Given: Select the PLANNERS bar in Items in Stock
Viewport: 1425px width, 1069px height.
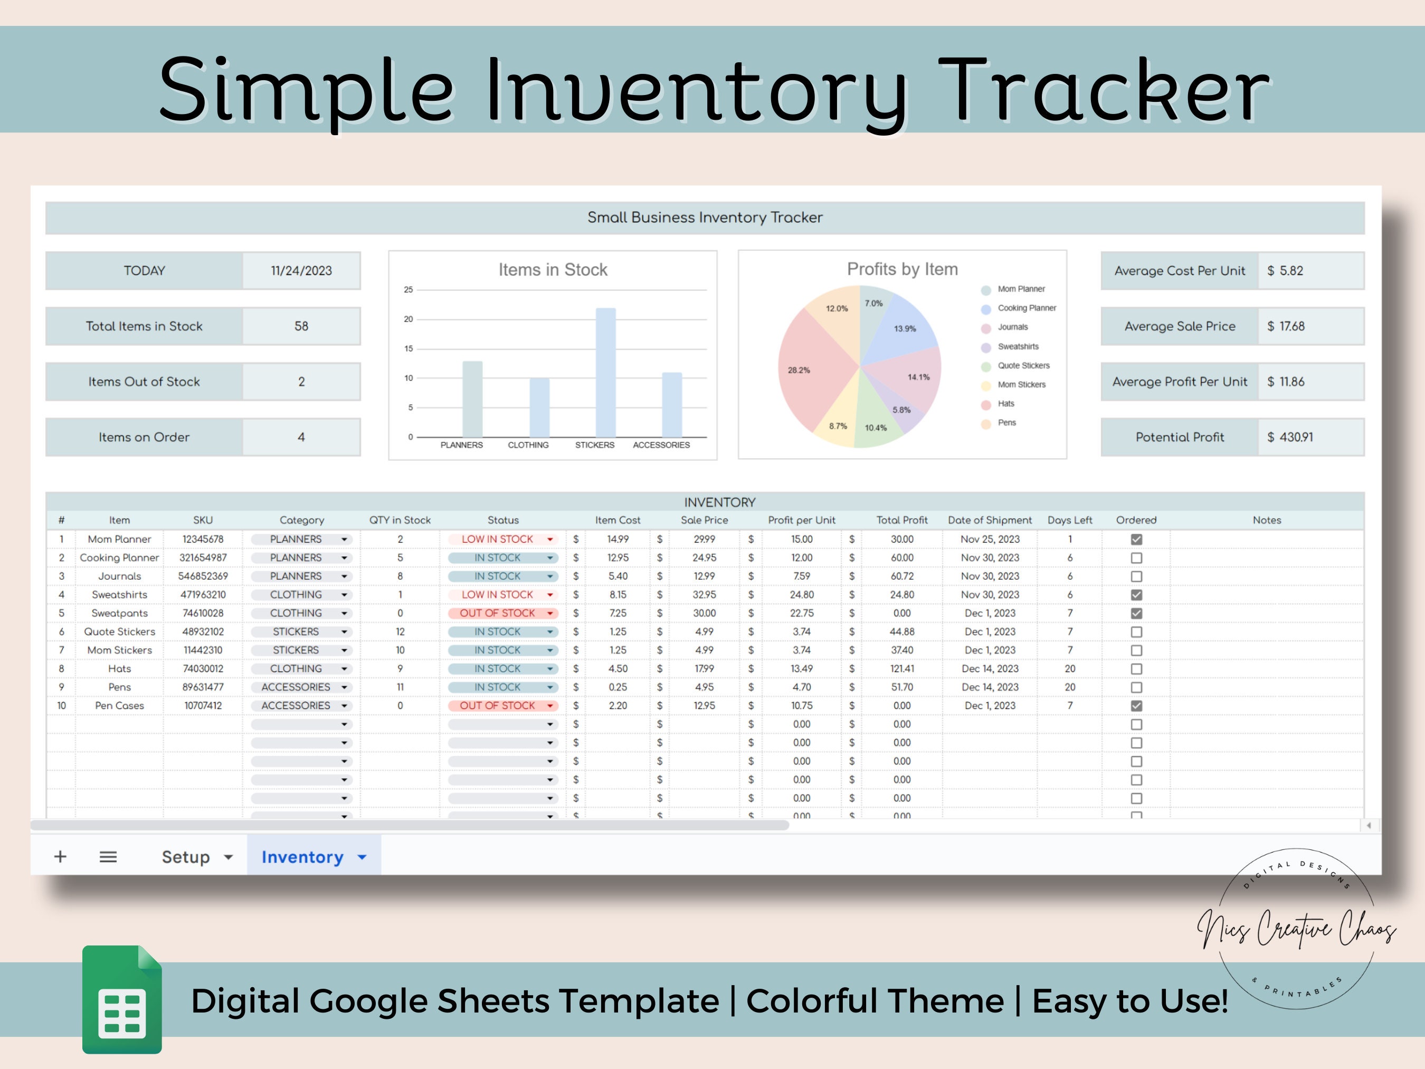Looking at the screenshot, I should click(x=472, y=399).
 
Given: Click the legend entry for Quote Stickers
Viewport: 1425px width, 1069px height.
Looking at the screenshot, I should click(x=1023, y=365).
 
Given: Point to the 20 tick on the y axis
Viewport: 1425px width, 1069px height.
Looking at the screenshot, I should click(x=408, y=319).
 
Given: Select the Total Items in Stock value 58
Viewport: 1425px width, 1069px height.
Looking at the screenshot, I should click(x=301, y=326).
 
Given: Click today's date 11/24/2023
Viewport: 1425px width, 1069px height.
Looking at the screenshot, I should click(x=301, y=271).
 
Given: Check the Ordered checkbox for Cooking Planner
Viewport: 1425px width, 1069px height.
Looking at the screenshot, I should click(x=1136, y=558).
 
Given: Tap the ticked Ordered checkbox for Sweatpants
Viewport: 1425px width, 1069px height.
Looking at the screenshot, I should click(x=1136, y=613).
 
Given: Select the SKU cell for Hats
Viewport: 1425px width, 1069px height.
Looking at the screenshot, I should click(x=203, y=669).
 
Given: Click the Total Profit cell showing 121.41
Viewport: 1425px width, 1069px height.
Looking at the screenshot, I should click(x=902, y=669).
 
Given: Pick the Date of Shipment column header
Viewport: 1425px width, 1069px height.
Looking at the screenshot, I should click(x=990, y=520).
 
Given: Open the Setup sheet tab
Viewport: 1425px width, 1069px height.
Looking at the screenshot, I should click(x=186, y=857).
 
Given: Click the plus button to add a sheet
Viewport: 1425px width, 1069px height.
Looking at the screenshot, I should click(x=60, y=856).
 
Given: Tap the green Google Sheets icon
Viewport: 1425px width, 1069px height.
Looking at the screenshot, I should click(x=122, y=999).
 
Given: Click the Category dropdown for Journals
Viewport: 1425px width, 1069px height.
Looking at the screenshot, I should click(x=301, y=576).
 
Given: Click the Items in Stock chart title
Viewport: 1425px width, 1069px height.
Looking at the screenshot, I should click(x=553, y=269).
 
